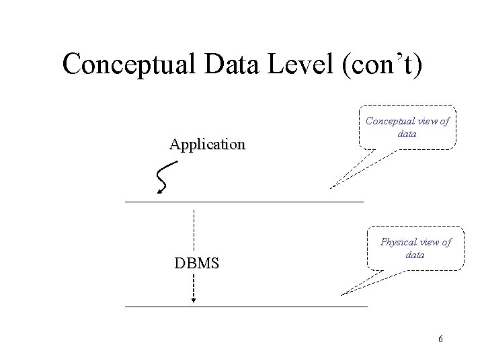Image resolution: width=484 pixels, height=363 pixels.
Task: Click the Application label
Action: pos(208,144)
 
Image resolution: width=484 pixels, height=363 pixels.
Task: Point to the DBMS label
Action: pos(197,263)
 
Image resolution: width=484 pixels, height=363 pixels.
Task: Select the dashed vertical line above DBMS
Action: pos(194,229)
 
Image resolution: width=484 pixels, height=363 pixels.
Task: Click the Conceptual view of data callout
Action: pos(407,128)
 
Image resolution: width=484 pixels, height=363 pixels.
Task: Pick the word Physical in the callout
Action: pos(399,242)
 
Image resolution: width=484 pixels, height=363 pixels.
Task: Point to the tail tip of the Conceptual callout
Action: pos(331,188)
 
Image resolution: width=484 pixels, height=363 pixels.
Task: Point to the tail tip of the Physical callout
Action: pos(341,294)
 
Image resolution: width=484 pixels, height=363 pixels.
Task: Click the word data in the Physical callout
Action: pos(415,255)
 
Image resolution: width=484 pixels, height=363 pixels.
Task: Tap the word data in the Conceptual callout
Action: pos(407,134)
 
